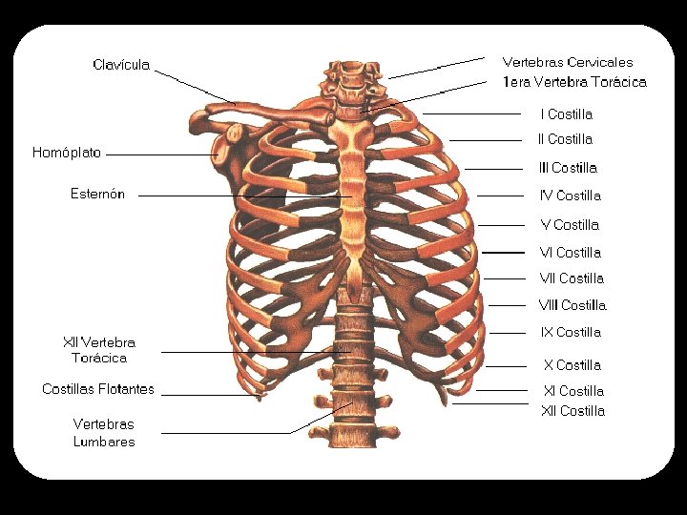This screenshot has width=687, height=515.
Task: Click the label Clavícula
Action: pos(121,65)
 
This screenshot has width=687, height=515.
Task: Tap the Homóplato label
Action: pos(66,153)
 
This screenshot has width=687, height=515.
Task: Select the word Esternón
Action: pos(97,195)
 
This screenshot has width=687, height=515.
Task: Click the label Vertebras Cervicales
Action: pos(567,62)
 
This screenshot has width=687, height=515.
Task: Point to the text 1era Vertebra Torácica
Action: pos(574,82)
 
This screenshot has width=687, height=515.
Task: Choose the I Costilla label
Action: pos(566,114)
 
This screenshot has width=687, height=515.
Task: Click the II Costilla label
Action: pos(565,139)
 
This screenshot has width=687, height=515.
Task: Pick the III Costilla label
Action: pos(568,168)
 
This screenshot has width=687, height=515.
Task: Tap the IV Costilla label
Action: pos(571,196)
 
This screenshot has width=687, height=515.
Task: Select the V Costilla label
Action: pos(570,225)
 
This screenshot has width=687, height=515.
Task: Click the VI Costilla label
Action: pos(570,253)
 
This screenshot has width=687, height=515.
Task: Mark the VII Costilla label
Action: pos(572,278)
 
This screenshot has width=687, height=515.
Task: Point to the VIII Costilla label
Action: pos(572,305)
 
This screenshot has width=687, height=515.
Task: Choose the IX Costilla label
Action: pos(571,333)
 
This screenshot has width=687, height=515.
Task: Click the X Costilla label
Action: pos(572,365)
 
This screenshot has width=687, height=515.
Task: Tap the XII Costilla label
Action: pos(572,411)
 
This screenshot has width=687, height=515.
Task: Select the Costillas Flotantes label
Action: pos(98,389)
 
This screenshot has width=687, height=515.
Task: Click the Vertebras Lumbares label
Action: pos(104,432)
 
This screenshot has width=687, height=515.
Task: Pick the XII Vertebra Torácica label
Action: pos(99,350)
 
